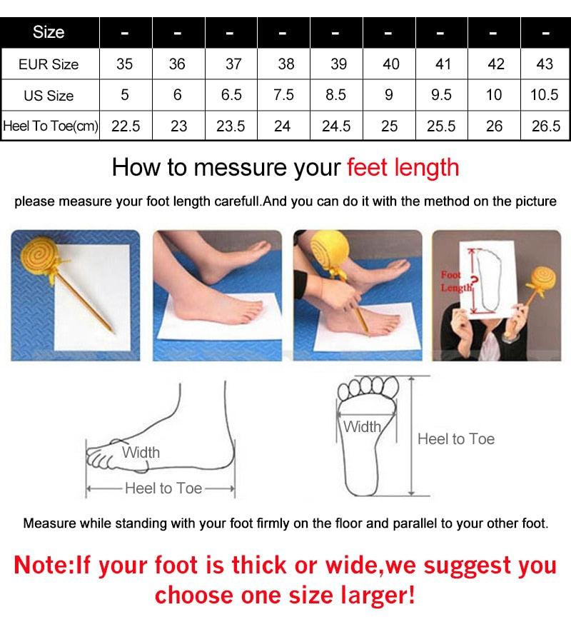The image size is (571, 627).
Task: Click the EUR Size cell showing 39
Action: pyautogui.click(x=338, y=64)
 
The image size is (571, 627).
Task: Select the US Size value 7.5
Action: pyautogui.click(x=284, y=95)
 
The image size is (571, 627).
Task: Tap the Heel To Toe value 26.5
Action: pyautogui.click(x=545, y=126)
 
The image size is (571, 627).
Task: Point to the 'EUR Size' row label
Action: pyautogui.click(x=49, y=64)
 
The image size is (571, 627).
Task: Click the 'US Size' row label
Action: pyautogui.click(x=49, y=95)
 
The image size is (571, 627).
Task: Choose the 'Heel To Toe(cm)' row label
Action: pyautogui.click(x=50, y=126)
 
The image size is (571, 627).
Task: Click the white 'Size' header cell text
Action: pyautogui.click(x=49, y=32)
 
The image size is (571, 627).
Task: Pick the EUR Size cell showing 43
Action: pyautogui.click(x=545, y=64)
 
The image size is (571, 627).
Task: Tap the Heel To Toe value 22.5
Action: pyautogui.click(x=126, y=126)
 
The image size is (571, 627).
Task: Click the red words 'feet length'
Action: pyautogui.click(x=403, y=168)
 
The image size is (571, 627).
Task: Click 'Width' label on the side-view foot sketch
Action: pyautogui.click(x=141, y=453)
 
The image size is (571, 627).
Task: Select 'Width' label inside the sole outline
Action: pyautogui.click(x=363, y=427)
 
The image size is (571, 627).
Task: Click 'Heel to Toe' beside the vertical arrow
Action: pyautogui.click(x=455, y=439)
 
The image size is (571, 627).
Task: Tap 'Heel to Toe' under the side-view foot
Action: pyautogui.click(x=163, y=488)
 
